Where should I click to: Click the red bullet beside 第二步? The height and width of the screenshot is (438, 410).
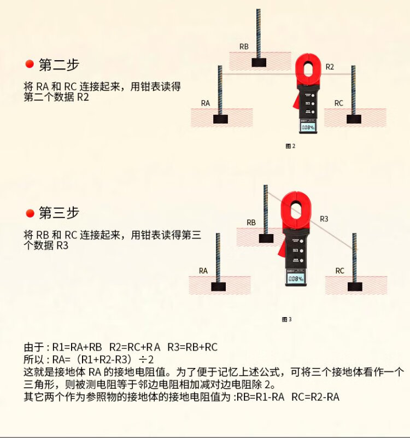(x=30, y=65)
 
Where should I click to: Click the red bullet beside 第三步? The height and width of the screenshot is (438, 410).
(x=30, y=213)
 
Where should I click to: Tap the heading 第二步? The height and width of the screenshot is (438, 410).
(x=59, y=65)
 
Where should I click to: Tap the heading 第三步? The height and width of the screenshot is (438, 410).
(x=59, y=213)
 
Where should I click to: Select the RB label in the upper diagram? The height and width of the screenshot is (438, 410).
(x=244, y=47)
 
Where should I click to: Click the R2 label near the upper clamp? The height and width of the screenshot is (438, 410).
(x=330, y=67)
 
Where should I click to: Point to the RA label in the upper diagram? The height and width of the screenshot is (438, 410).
(x=206, y=103)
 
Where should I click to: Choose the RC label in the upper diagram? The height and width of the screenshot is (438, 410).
(x=338, y=103)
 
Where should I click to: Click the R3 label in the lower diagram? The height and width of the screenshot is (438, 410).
(x=324, y=219)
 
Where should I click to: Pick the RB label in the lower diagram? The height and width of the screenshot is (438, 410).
(x=251, y=223)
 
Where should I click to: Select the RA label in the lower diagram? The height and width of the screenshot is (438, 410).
(x=203, y=270)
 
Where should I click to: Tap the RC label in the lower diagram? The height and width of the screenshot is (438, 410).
(x=339, y=270)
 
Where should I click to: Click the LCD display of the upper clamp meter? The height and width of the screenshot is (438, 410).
(x=309, y=128)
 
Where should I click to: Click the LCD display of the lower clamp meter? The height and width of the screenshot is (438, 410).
(x=295, y=279)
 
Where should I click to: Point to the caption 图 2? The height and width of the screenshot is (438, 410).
(x=290, y=146)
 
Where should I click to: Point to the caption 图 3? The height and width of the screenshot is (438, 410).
(x=286, y=319)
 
